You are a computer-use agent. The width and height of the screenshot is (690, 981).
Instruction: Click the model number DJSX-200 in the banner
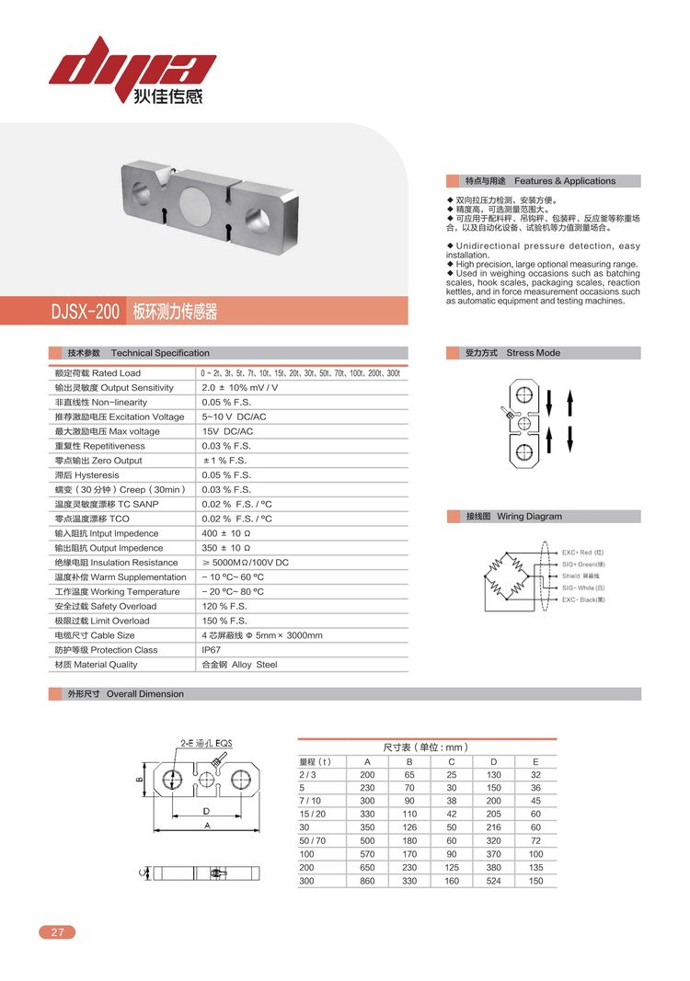pos(86,312)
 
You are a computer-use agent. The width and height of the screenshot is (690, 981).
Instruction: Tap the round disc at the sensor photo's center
pos(195,202)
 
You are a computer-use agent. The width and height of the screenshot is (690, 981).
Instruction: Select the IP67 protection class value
pos(211,650)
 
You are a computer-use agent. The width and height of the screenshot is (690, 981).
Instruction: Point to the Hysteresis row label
pos(86,475)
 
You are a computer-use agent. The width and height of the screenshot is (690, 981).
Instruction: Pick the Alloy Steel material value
pos(239,665)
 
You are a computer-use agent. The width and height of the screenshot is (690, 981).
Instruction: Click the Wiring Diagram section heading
pos(528,517)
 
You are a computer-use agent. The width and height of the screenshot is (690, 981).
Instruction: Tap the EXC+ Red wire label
pos(582,553)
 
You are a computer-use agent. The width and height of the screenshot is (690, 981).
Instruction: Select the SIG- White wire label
pos(583,587)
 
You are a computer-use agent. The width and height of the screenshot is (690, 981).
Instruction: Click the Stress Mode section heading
pos(533,353)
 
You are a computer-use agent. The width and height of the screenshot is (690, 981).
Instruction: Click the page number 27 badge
pos(57,932)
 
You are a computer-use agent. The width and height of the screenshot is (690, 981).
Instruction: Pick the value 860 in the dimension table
pos(367,881)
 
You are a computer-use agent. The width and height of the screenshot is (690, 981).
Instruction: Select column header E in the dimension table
pos(535,761)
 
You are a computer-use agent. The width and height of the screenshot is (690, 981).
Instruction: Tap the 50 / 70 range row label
pos(313,841)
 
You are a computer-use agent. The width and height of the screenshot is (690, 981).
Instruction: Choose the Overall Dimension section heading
pos(144,694)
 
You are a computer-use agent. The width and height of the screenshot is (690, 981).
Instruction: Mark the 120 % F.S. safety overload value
pos(226,607)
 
